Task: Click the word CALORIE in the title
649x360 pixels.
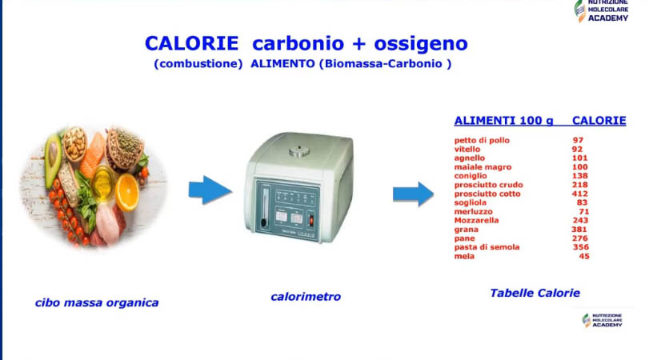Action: coord(191,43)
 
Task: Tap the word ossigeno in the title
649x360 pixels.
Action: coord(421,44)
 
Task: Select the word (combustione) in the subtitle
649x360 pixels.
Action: coord(198,64)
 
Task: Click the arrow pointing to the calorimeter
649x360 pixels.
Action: coord(210,190)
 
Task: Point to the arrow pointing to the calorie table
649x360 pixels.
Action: coord(413,194)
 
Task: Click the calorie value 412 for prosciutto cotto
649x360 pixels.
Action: coord(580,194)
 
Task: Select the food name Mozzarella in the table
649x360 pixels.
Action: coord(476,220)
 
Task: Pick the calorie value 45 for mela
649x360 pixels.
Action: coord(584,256)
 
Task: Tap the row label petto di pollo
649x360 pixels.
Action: coord(482,140)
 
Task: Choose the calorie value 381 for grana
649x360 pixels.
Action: coord(579,230)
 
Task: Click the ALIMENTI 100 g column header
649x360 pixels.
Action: coord(503,121)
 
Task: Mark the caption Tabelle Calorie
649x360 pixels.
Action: coord(535,293)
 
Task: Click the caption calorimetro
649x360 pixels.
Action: coord(306,296)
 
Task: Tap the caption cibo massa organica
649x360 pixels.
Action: coord(97,303)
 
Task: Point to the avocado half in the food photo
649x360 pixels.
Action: coord(53,154)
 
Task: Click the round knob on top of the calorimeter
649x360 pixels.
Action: coord(299,151)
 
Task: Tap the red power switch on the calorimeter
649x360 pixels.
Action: coord(311,221)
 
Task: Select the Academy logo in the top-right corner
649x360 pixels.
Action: coord(602,10)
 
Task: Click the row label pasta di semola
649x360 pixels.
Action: coord(487,247)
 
